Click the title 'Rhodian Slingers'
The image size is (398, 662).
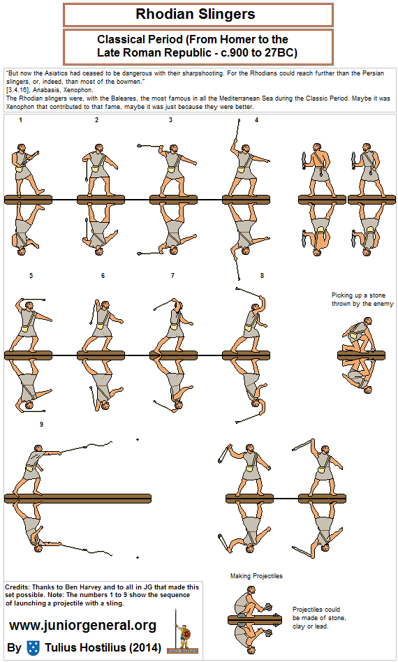[196, 15]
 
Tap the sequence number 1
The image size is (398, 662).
[21, 120]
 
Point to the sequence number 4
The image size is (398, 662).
[257, 120]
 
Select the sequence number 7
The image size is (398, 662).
[172, 276]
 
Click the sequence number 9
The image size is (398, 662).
[41, 425]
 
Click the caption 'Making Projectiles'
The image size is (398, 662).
[257, 576]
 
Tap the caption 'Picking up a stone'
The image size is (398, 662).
[358, 295]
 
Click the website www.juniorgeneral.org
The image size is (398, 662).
[82, 625]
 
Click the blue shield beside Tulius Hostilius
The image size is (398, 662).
[33, 647]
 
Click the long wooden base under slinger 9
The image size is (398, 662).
[78, 498]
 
